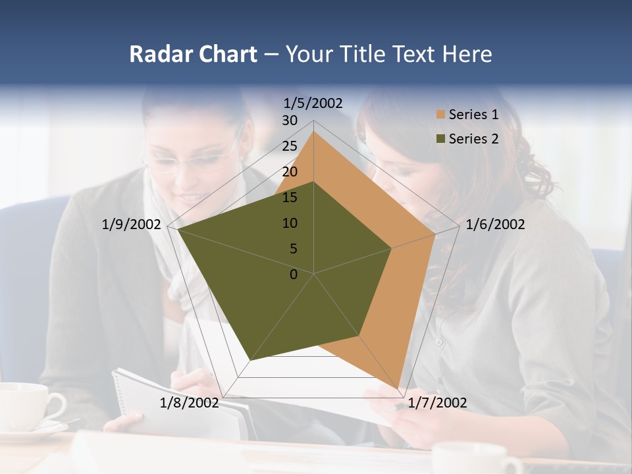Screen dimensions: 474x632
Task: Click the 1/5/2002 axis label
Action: click(313, 103)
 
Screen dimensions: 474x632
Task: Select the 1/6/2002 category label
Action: click(495, 224)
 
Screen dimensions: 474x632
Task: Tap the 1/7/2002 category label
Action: click(438, 403)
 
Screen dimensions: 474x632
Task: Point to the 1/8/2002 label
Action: click(190, 403)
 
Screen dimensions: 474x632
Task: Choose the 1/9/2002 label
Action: click(131, 224)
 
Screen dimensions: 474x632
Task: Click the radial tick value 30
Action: click(290, 120)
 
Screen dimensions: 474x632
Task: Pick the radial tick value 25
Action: click(290, 146)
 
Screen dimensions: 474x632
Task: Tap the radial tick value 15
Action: click(290, 197)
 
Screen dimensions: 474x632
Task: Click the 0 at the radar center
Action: click(294, 275)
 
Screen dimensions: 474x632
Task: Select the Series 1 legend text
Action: click(473, 115)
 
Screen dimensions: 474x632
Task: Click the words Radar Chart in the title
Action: click(193, 54)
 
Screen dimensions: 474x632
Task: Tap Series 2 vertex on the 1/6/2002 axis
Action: click(392, 248)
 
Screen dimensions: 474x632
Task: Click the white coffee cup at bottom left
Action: click(26, 404)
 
